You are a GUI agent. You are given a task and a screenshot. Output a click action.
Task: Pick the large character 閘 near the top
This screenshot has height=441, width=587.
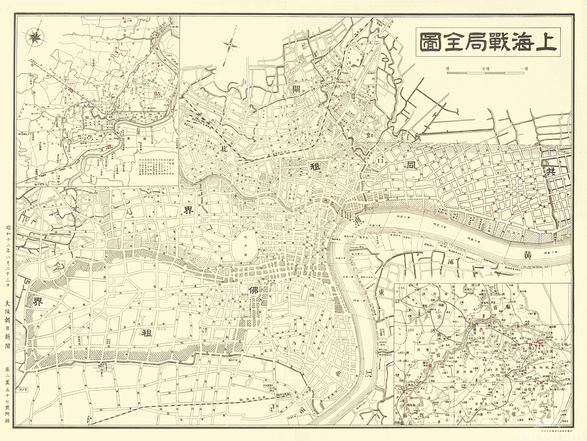point(296,89)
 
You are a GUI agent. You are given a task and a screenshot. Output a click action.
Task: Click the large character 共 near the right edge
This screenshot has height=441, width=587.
point(551,171)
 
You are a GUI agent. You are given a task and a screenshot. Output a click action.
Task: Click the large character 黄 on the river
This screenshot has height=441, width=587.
point(527,256)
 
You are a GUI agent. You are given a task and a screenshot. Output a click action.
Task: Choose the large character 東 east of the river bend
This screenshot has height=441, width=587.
point(380,292)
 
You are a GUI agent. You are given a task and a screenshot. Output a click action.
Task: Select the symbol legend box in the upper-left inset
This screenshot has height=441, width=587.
point(153,164)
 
